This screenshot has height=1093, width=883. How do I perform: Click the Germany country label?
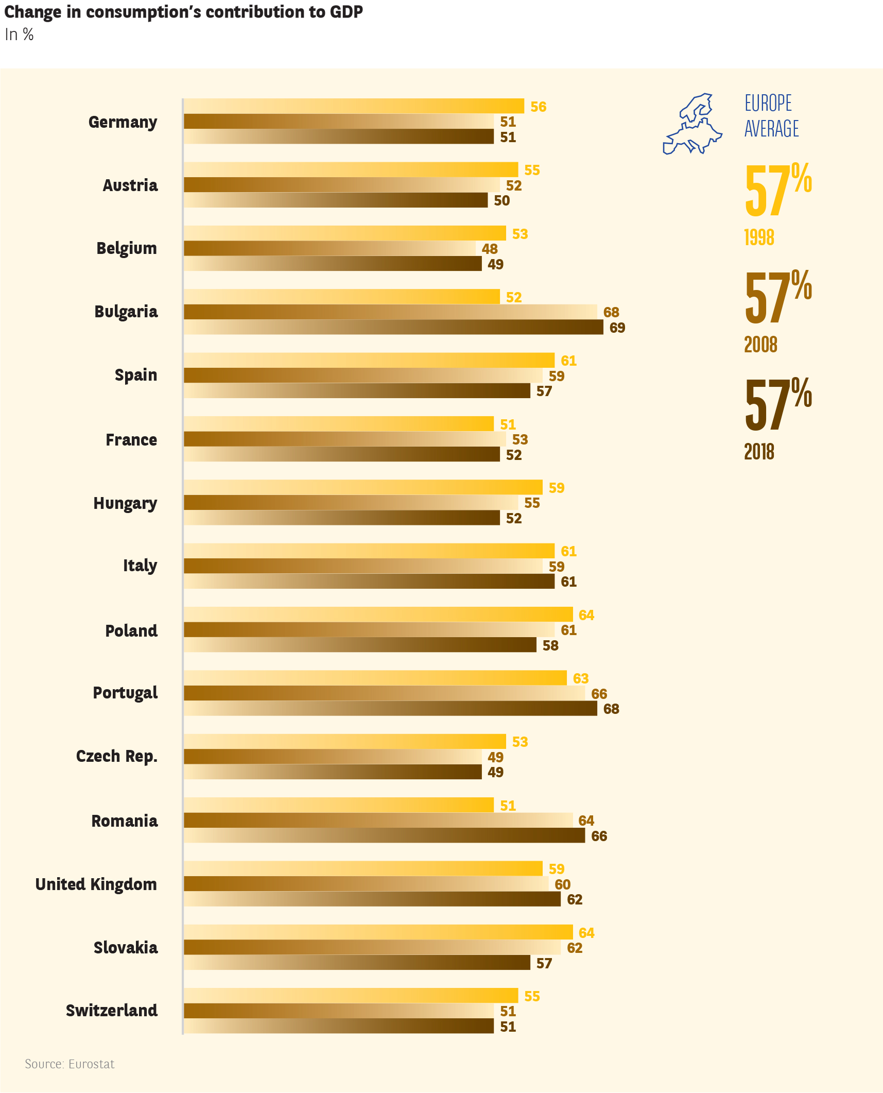tap(123, 122)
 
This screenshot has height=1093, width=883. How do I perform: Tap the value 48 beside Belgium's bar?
tap(490, 249)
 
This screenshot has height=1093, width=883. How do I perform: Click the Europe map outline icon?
tap(692, 124)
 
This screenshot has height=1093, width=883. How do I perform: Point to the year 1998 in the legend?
tap(759, 237)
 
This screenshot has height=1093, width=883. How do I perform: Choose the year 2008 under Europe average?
tap(760, 345)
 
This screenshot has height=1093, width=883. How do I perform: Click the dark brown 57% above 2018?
tap(777, 405)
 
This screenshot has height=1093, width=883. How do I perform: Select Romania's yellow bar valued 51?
tap(338, 805)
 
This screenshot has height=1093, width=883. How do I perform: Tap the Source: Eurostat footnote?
tap(70, 1064)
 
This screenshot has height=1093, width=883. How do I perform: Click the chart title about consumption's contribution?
tap(183, 12)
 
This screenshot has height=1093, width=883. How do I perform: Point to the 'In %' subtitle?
tap(19, 35)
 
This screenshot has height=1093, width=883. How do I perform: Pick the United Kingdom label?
tap(96, 884)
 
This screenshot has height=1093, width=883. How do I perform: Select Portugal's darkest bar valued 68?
tap(390, 708)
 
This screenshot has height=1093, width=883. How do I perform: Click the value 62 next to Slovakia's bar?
tap(575, 948)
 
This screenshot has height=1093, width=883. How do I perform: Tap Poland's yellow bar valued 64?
tap(378, 614)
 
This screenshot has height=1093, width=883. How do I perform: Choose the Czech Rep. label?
tap(116, 756)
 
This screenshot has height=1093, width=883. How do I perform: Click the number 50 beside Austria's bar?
tap(501, 200)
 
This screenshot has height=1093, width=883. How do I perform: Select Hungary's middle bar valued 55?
tap(351, 503)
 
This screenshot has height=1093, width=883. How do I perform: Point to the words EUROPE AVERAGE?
tap(771, 116)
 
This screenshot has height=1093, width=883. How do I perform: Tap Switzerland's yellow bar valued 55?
tap(351, 996)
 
